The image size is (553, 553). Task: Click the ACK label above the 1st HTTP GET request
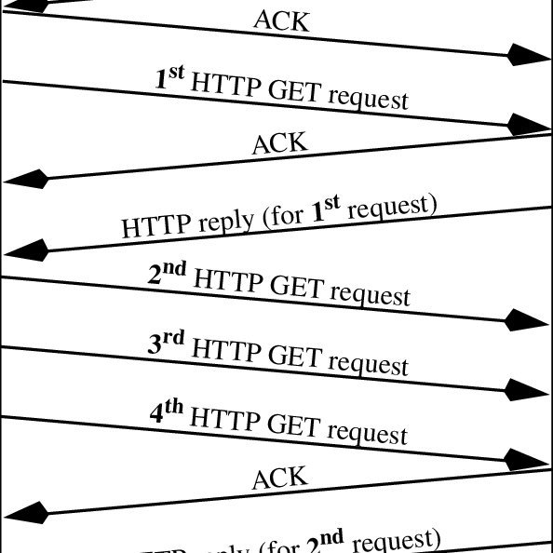[281, 20]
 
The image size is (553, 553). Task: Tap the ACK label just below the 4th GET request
[279, 478]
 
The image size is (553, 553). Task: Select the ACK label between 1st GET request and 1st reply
[279, 143]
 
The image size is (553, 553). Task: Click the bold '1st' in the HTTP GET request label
[169, 78]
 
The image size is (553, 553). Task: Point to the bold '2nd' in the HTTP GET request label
[168, 276]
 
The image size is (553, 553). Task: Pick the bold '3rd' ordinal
[167, 345]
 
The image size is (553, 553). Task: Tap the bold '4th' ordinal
[169, 413]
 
